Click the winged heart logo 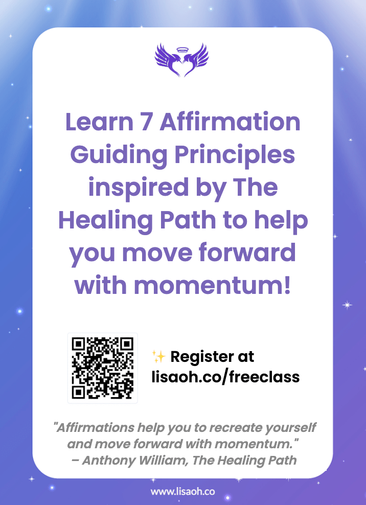(181, 60)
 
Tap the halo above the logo (182, 50)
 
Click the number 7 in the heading (146, 122)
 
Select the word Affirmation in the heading (230, 122)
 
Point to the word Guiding (119, 155)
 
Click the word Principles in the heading (235, 155)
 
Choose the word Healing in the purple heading (105, 221)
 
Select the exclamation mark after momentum (287, 285)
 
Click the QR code (102, 368)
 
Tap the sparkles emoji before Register (158, 357)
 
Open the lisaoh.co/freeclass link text (225, 377)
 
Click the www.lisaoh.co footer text (182, 492)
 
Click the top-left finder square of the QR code (78, 344)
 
